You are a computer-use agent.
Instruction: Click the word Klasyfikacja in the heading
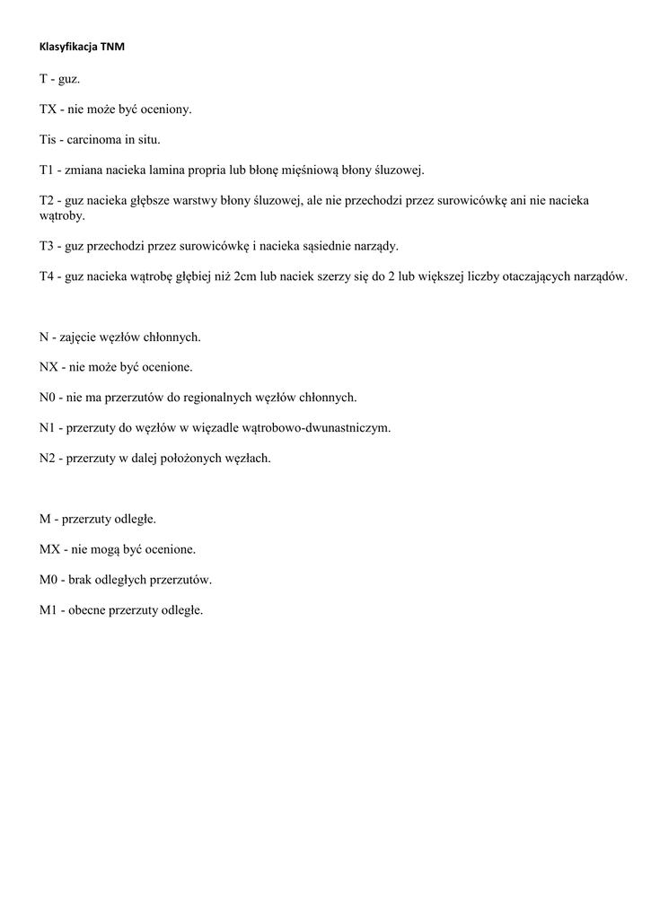[68, 46]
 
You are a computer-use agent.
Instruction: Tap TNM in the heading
[112, 46]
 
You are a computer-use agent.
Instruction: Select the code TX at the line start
[48, 109]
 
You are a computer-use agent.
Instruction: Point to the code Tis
[48, 139]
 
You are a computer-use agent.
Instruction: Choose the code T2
[48, 200]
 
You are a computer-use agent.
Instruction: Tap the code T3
[48, 246]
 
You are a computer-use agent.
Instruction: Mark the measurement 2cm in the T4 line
[245, 276]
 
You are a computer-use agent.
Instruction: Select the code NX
[49, 367]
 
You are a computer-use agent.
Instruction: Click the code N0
[48, 397]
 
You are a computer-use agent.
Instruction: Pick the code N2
[48, 458]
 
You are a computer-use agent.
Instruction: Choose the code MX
[50, 549]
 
